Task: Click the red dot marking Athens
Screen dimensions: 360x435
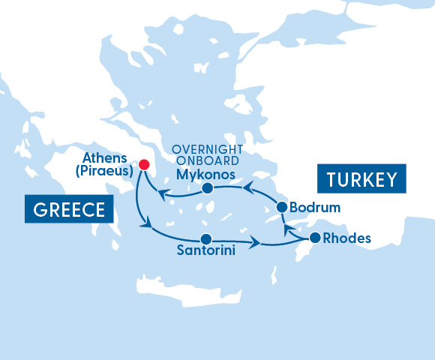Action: [144, 164]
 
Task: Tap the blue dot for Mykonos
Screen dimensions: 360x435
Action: [208, 189]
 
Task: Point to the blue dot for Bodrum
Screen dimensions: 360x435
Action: [282, 207]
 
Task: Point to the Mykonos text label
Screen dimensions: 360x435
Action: [205, 175]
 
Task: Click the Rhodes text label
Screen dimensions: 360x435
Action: [346, 240]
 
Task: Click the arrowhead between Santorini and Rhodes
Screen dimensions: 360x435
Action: [256, 243]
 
